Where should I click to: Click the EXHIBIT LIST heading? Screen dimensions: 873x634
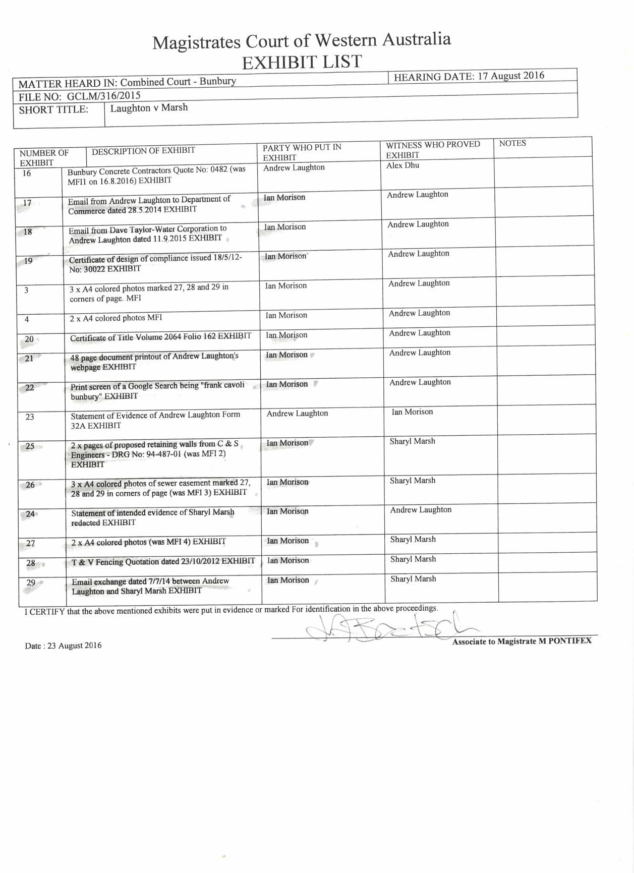click(302, 62)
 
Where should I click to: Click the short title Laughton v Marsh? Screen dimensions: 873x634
click(149, 107)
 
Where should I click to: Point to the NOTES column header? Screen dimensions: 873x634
click(512, 143)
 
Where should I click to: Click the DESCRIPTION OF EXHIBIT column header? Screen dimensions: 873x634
click(143, 150)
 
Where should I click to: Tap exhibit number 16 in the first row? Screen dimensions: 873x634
click(27, 173)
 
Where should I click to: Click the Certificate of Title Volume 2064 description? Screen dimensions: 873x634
click(160, 337)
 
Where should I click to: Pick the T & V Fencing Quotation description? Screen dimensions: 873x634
click(163, 561)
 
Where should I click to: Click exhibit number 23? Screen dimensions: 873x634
click(30, 417)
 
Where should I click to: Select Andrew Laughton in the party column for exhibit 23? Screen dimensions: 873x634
click(297, 414)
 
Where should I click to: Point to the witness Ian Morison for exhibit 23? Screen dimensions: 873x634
click(412, 412)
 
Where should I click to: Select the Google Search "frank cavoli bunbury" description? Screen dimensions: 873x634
click(157, 391)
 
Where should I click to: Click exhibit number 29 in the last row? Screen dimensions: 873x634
click(31, 583)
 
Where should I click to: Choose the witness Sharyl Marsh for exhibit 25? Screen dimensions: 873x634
click(412, 441)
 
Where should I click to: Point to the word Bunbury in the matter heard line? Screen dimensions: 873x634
click(217, 81)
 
